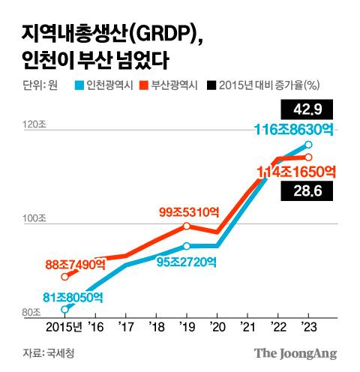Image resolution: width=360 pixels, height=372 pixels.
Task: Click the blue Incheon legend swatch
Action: point(80,84)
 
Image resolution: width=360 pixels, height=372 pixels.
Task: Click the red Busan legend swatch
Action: point(145,84)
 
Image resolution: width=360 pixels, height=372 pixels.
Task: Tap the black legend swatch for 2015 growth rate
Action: point(212,84)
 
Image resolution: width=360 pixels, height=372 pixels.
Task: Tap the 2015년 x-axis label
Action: point(62,328)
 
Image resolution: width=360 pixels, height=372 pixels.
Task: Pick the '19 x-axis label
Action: point(187,328)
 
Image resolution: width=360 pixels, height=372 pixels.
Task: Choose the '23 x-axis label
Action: point(307,328)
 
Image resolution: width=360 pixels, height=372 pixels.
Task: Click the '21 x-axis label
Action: point(247,328)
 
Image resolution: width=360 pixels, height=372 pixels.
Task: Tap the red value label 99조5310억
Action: point(190,212)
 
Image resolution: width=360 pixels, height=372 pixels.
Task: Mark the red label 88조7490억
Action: point(77,264)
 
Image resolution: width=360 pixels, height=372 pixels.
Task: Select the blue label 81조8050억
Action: point(73,297)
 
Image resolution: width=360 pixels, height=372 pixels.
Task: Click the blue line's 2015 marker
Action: point(65,308)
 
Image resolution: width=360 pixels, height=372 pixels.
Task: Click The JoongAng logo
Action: point(295,352)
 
